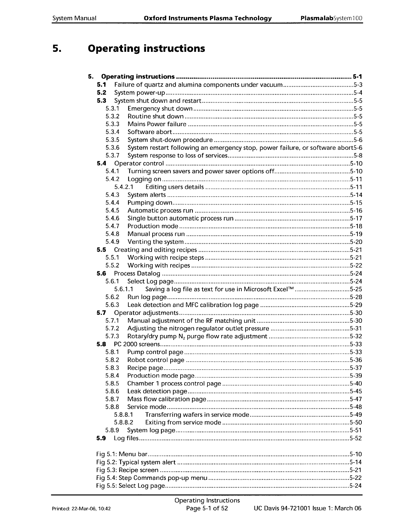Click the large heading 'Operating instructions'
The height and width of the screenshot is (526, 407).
(x=146, y=49)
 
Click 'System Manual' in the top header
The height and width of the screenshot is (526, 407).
(x=74, y=18)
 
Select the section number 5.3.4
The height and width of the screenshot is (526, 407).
(x=112, y=132)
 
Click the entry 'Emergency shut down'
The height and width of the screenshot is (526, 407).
(x=160, y=109)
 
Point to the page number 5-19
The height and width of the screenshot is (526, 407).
(x=356, y=234)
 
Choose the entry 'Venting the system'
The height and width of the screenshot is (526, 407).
(x=156, y=242)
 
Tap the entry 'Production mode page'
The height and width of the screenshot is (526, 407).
(x=161, y=376)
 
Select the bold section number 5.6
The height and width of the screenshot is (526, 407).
(x=101, y=274)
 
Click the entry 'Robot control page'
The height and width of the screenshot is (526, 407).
(x=156, y=360)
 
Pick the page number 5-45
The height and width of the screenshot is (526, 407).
(x=356, y=391)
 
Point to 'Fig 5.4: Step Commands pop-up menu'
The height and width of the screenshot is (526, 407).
(x=151, y=478)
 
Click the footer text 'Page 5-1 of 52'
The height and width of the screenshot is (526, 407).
(x=207, y=508)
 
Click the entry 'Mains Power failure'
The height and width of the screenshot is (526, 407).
(x=157, y=124)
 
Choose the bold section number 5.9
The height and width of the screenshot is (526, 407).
(x=101, y=438)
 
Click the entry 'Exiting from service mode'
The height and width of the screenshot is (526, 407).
(x=183, y=422)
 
